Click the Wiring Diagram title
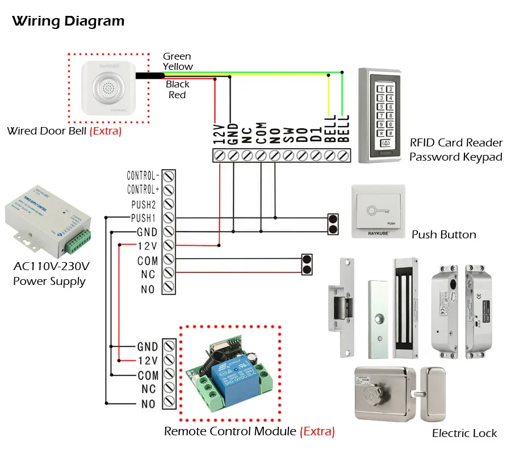(x=68, y=22)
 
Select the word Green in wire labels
(x=177, y=56)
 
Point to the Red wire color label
(x=177, y=95)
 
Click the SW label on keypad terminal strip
(x=288, y=134)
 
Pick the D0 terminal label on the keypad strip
(x=302, y=134)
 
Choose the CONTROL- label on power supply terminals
(x=143, y=175)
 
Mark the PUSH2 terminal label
(x=144, y=203)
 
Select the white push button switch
(x=378, y=211)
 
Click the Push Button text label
(x=444, y=234)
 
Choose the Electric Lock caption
(x=464, y=433)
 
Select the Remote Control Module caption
(x=230, y=431)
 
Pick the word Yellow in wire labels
(x=178, y=66)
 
